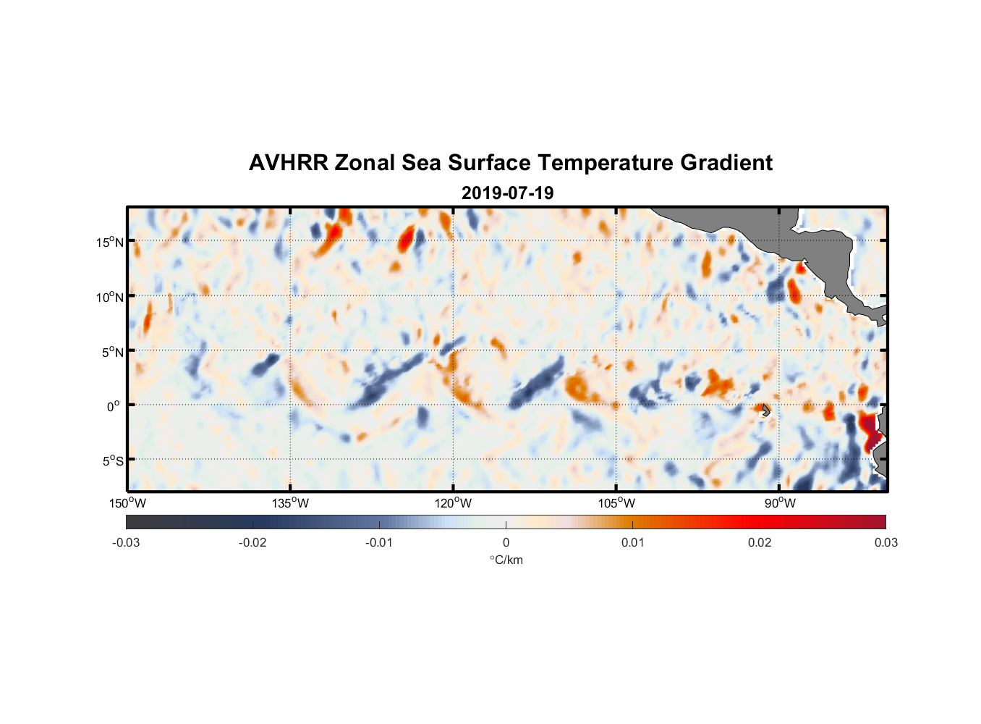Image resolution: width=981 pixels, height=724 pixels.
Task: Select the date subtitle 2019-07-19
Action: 507,193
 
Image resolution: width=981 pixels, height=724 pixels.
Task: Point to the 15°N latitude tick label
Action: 110,242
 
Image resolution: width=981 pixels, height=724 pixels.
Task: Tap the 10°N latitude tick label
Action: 110,297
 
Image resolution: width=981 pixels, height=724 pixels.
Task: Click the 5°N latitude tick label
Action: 113,352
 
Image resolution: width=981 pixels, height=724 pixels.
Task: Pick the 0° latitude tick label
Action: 114,406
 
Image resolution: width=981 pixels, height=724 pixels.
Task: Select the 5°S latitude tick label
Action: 113,461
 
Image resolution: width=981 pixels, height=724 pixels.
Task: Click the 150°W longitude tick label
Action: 127,503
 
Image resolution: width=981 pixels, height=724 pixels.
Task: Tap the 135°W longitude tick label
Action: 290,503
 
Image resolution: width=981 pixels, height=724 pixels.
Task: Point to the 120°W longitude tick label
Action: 454,503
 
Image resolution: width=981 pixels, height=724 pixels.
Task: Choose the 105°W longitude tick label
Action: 616,503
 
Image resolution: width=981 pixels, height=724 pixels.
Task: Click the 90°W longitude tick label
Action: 780,503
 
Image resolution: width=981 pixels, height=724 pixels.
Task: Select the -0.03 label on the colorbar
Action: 126,542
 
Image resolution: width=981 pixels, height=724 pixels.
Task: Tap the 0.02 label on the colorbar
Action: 760,542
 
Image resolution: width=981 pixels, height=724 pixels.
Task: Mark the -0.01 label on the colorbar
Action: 379,542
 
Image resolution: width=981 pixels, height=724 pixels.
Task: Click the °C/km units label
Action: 506,560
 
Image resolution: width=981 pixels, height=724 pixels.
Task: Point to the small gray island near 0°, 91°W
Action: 765,410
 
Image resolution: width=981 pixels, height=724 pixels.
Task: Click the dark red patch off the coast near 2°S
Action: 870,429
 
